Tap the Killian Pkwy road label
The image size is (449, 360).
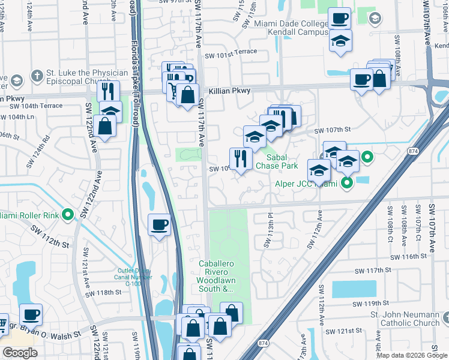(x=230, y=91)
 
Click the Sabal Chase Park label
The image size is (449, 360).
(x=277, y=161)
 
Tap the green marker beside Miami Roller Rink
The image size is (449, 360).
(x=69, y=214)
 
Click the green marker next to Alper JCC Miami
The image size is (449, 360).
(x=346, y=183)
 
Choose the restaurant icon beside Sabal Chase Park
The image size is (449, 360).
(x=240, y=159)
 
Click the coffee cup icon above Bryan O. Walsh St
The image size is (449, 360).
(x=31, y=314)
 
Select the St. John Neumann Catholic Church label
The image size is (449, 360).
(x=405, y=319)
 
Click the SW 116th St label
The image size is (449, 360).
(x=411, y=256)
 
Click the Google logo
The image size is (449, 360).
(x=20, y=353)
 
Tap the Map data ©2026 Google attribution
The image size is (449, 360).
(x=412, y=355)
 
